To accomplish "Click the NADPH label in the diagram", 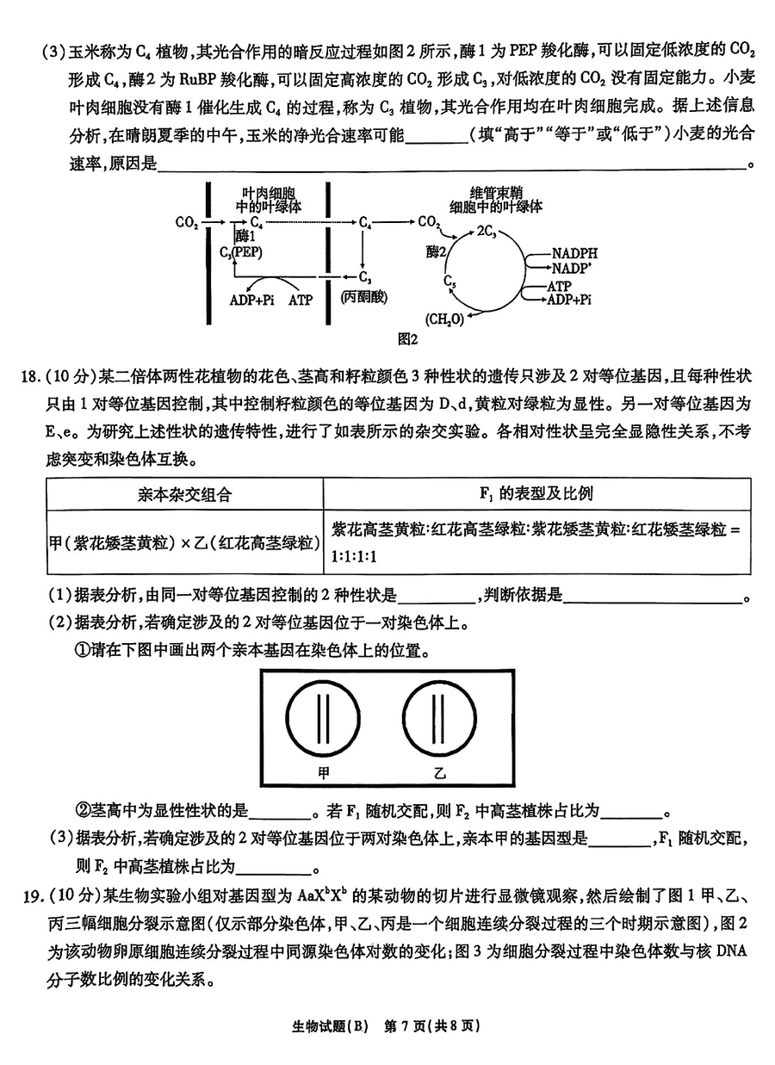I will pos(574,254).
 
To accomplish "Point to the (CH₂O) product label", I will pos(445,318).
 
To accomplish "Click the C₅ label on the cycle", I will pos(449,282).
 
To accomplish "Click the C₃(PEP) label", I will pos(241,252).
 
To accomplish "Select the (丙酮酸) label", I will pos(364,297).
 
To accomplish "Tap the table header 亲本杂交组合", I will pos(184,495).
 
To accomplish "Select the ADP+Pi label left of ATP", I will pos(252,300).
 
